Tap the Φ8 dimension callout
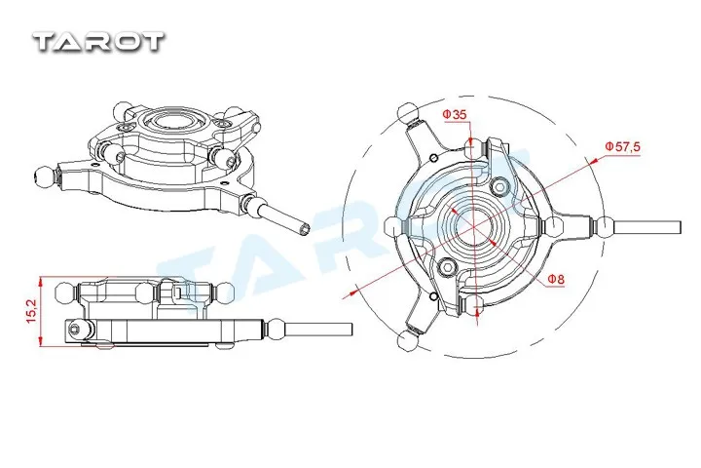(556, 280)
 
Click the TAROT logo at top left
(99, 41)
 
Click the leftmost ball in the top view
(393, 227)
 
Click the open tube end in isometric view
(306, 228)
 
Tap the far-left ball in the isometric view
(44, 175)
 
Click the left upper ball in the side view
(63, 291)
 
